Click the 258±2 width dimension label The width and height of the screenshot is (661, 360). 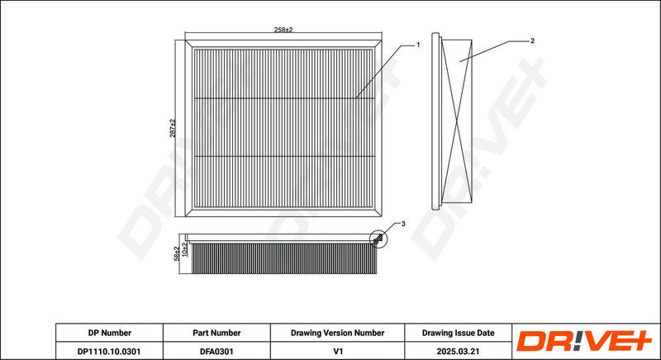point(283,30)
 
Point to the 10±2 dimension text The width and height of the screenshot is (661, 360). point(185,249)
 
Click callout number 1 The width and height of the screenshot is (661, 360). point(418,44)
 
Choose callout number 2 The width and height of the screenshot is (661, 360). point(532,40)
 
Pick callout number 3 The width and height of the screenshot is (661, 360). point(402,225)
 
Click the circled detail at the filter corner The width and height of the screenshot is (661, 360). point(380,239)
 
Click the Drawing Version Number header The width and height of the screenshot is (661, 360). point(337,333)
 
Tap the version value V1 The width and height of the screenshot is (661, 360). point(337,351)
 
